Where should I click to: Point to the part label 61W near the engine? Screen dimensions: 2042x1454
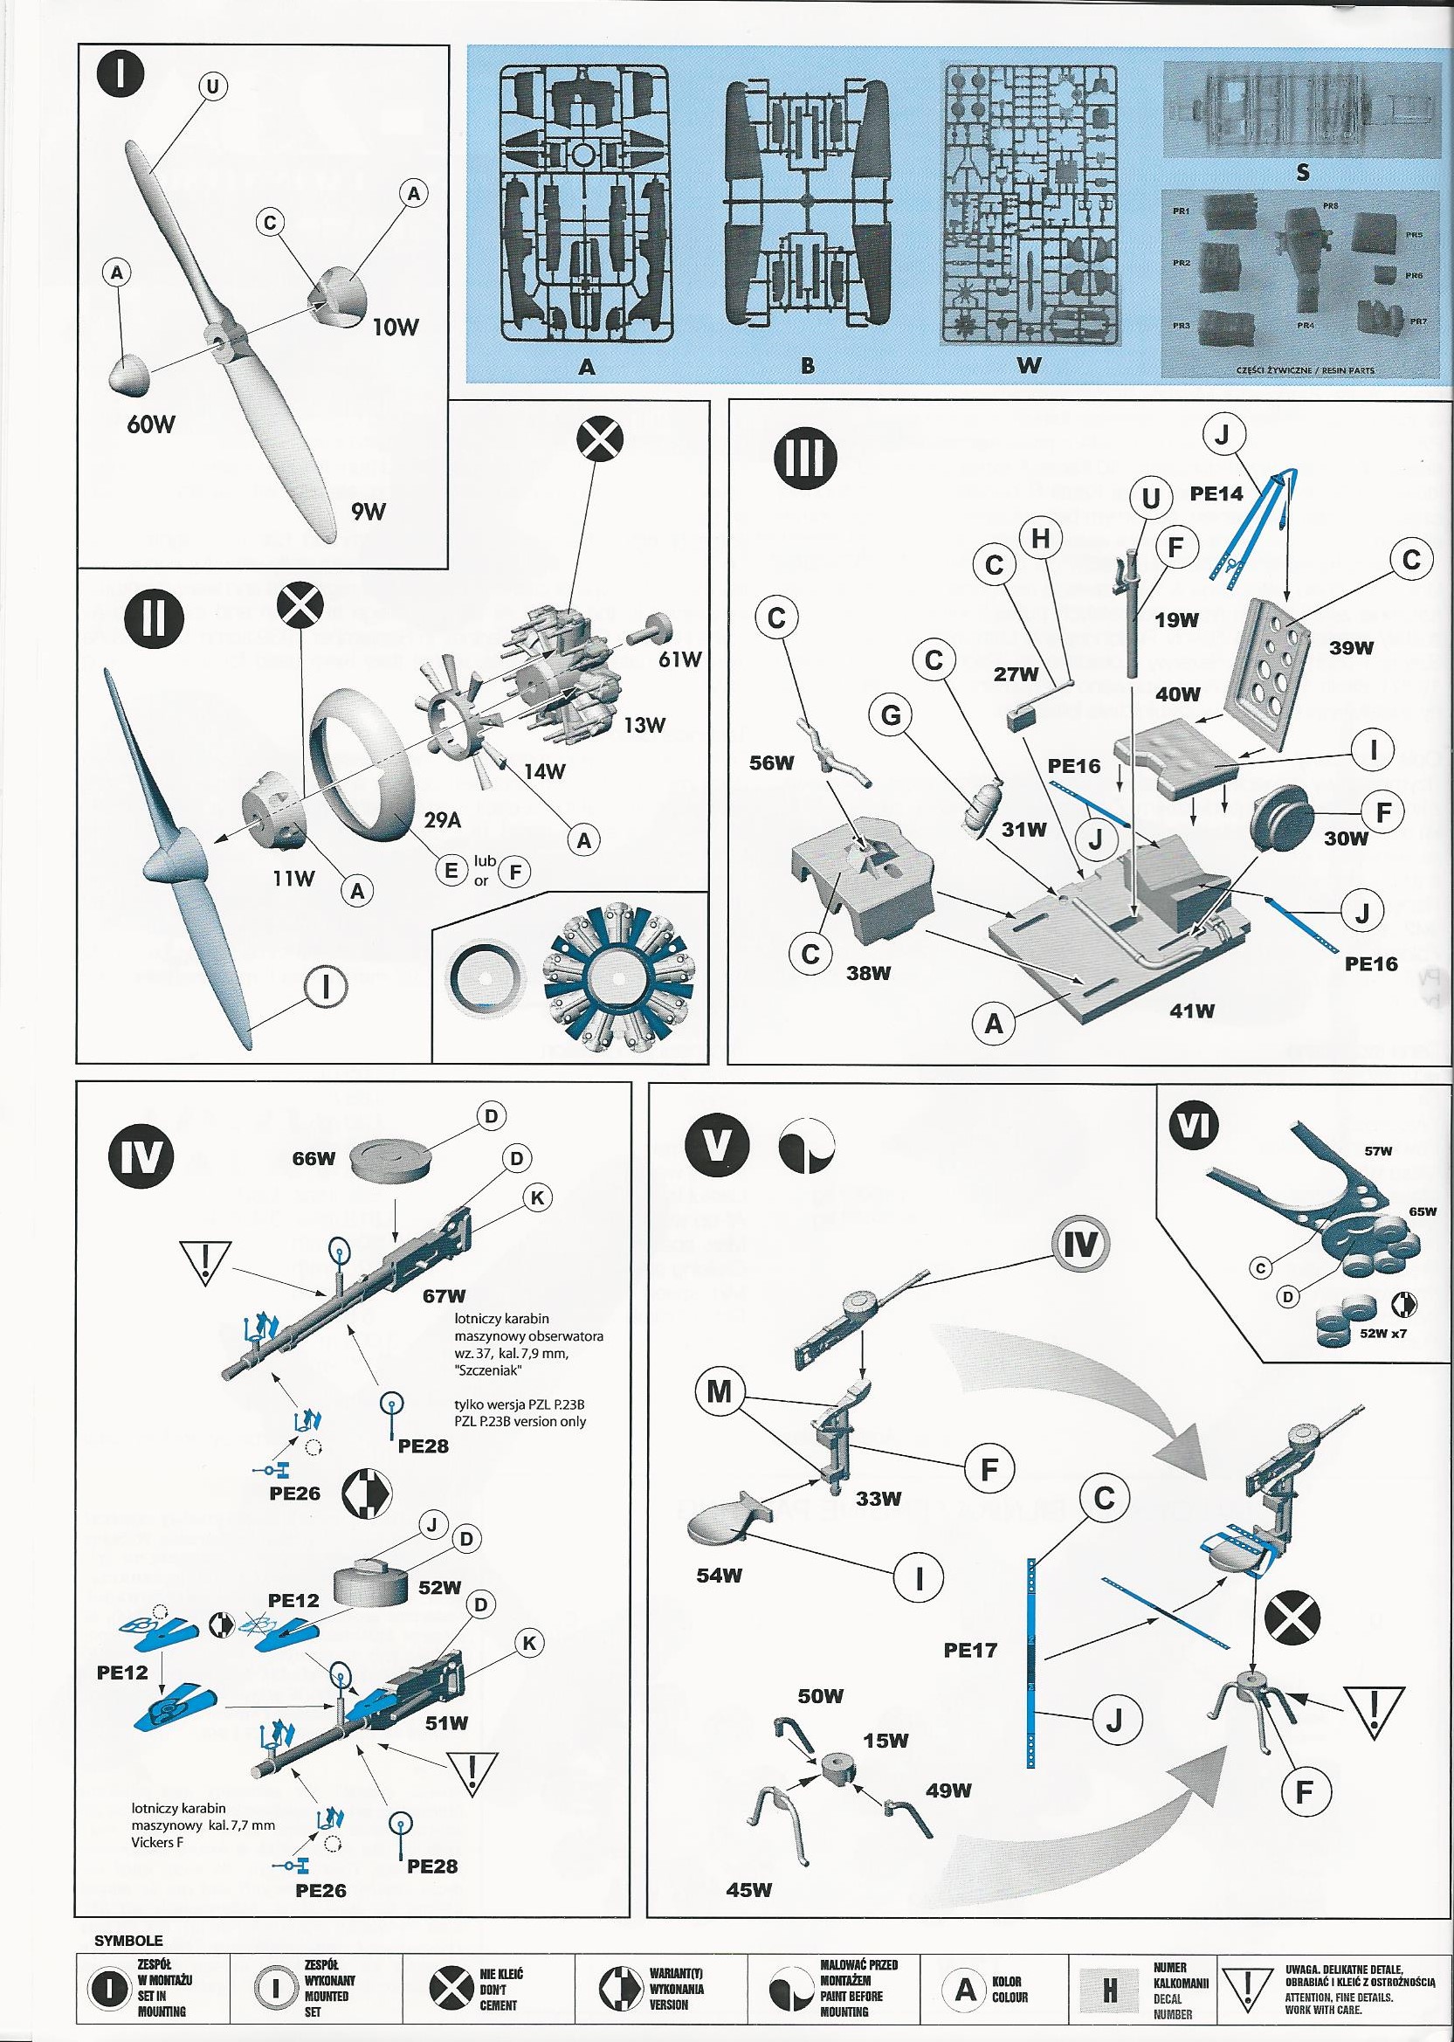click(678, 659)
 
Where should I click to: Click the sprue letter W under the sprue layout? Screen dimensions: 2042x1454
click(1030, 365)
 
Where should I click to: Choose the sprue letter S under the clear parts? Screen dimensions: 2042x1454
click(1303, 173)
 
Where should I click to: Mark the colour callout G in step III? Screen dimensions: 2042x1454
click(891, 717)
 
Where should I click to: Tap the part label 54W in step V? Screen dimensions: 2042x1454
click(719, 1575)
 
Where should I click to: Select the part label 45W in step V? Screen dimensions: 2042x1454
click(748, 1890)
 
